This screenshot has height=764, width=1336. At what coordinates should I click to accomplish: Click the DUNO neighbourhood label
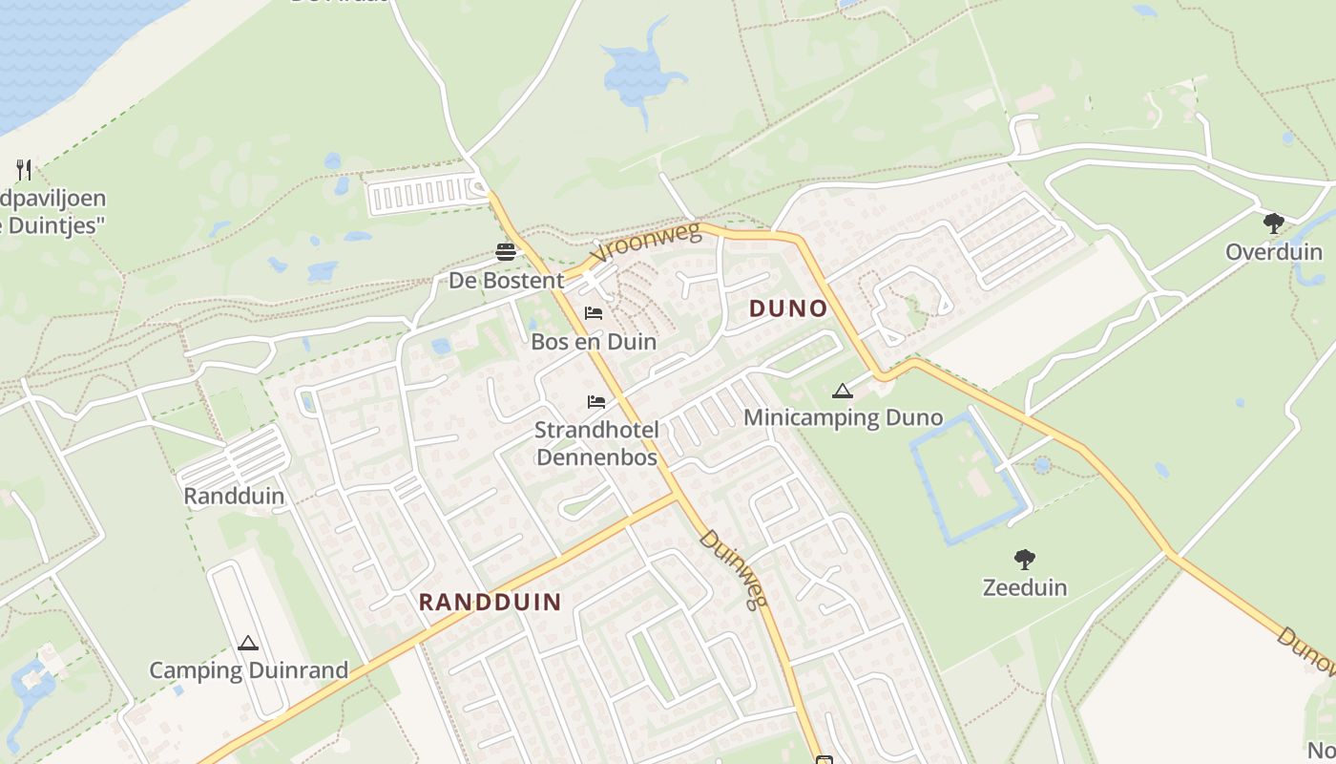(788, 308)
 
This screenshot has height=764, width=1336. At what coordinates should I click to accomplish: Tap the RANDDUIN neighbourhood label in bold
(491, 602)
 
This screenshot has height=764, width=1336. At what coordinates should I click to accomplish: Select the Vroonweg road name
(645, 244)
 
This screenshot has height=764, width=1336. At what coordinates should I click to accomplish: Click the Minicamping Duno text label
(843, 417)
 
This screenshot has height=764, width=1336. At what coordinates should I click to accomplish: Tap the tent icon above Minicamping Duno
(842, 391)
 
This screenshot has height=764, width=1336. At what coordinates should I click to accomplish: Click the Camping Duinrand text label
(248, 669)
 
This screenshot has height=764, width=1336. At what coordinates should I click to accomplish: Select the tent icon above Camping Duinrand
(248, 644)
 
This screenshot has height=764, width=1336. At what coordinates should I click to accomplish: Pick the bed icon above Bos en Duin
(594, 313)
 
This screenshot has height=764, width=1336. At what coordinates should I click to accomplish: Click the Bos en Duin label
(594, 341)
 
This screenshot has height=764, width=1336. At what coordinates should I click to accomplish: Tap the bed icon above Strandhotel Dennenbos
(596, 401)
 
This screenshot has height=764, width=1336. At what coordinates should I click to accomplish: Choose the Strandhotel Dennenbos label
(596, 443)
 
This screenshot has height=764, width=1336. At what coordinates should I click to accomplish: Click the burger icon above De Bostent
(506, 252)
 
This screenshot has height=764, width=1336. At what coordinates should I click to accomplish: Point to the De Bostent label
(507, 281)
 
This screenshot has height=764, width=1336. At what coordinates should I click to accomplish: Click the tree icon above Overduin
(1273, 223)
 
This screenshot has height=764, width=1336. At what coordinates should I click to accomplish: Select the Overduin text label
(1274, 252)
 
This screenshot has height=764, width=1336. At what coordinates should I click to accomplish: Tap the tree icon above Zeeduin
(1025, 559)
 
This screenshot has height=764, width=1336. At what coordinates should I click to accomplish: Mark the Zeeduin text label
(1025, 586)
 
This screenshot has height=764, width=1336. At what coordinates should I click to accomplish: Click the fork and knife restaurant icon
(24, 170)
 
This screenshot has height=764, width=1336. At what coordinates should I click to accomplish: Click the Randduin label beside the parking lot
(234, 496)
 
